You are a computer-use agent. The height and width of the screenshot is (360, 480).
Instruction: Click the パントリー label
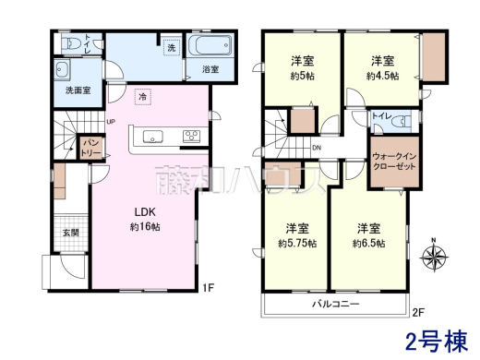coord(91,148)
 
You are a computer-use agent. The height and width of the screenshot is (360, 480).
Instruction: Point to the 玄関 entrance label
coord(71,233)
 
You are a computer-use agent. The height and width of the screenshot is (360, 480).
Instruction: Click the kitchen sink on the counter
coord(153,138)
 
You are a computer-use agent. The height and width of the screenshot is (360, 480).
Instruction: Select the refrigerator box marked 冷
coord(142,95)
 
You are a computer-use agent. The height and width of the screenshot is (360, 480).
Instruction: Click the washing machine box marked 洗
coord(171,47)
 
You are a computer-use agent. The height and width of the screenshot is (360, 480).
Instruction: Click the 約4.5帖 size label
coord(382,76)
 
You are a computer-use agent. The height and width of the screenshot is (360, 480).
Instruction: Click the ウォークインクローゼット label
coord(395,163)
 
